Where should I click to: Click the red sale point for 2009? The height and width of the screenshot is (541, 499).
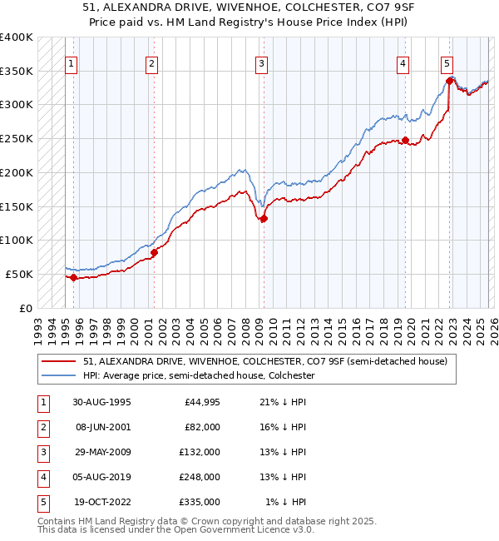264,219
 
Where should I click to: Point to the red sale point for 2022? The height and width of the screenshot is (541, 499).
449,81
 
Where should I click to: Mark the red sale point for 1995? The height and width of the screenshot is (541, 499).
74,278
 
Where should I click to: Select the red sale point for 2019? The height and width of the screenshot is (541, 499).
405,140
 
